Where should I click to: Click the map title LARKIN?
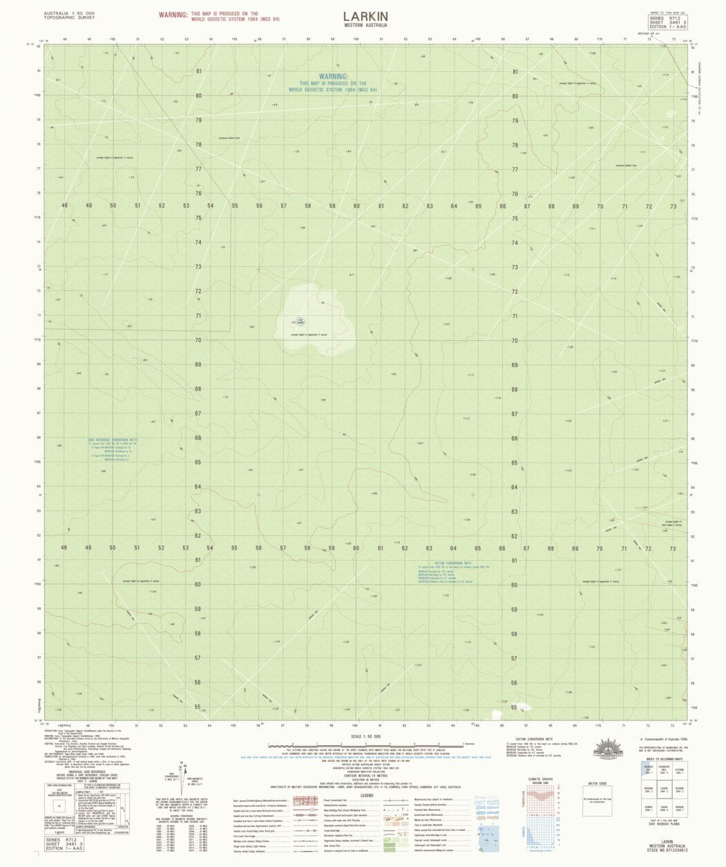365,16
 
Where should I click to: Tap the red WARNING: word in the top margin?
173,14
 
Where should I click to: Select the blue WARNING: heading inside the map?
333,77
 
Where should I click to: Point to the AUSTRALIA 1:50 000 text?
69,13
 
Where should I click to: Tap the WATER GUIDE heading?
596,783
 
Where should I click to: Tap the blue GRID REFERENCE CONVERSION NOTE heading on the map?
113,439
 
